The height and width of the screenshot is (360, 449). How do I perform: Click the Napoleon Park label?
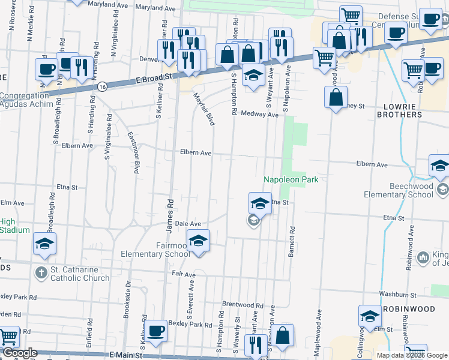click(x=291, y=179)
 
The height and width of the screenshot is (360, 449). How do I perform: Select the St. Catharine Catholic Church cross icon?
click(x=41, y=273)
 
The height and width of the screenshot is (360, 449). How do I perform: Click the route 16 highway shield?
click(x=104, y=87)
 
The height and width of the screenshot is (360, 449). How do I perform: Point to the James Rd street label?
click(x=170, y=216)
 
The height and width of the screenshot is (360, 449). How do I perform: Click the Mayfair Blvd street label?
click(x=203, y=109)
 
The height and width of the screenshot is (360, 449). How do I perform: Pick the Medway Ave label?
click(x=259, y=113)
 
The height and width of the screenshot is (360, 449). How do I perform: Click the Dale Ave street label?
click(x=187, y=223)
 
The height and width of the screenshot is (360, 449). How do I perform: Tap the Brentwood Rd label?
click(x=243, y=305)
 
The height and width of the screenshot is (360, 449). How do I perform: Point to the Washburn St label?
click(x=398, y=295)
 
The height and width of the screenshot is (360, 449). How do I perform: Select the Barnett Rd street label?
click(x=292, y=241)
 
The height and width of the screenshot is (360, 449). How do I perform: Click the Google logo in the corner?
click(x=19, y=353)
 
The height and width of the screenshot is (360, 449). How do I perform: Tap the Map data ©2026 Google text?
click(x=411, y=355)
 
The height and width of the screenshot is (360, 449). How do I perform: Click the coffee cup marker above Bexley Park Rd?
click(x=156, y=331)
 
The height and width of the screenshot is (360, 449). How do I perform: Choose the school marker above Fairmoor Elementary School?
click(x=198, y=241)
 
